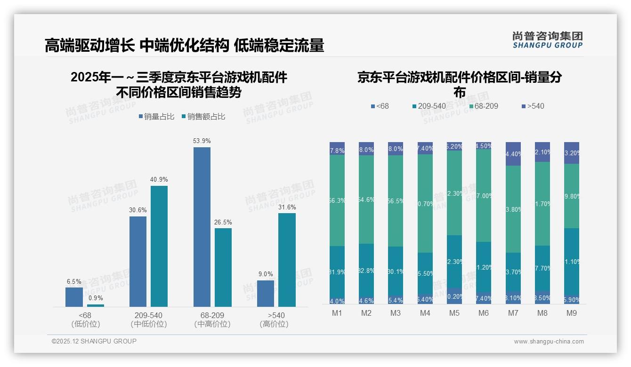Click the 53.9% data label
(x=202, y=141)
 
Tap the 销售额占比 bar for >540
(x=287, y=260)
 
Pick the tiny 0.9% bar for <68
(x=96, y=305)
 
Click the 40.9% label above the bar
(x=159, y=180)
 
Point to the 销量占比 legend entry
(x=158, y=117)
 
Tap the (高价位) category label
(x=274, y=324)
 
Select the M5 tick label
(x=454, y=313)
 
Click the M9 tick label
(x=571, y=313)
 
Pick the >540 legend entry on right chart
(x=532, y=106)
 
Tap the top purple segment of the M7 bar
(x=513, y=153)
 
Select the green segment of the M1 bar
(x=337, y=200)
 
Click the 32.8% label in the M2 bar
(x=366, y=271)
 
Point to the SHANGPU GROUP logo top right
(x=547, y=40)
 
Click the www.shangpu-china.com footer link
(x=549, y=342)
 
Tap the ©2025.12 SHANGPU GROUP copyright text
(x=94, y=341)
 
